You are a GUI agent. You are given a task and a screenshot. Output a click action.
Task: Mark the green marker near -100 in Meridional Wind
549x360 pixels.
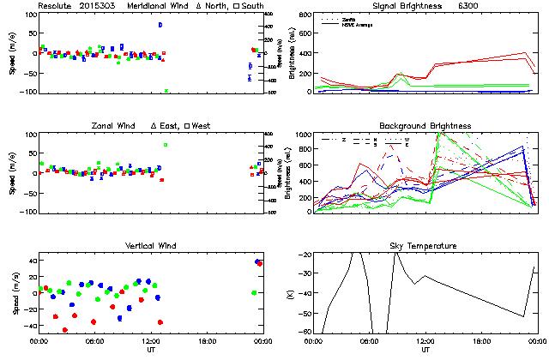pyautogui.click(x=166, y=90)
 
